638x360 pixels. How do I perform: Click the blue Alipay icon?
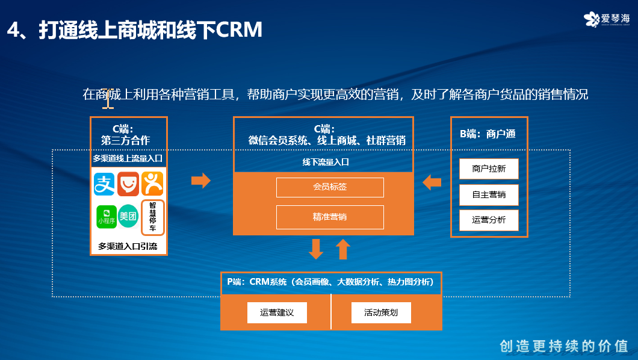(x=104, y=184)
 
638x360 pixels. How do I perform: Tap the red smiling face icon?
(x=128, y=184)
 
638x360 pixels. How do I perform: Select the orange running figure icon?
(x=152, y=184)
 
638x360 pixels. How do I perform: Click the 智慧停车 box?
(x=152, y=217)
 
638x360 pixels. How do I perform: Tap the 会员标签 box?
(x=330, y=187)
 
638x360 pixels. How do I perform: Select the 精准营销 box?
(x=330, y=217)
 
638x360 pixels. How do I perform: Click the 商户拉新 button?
(x=489, y=169)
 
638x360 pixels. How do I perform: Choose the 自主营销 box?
(x=489, y=194)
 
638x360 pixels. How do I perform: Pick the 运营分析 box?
(x=489, y=220)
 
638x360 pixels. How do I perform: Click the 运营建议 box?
(x=277, y=312)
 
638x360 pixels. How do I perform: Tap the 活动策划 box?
(x=381, y=312)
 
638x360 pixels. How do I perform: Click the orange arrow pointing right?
(x=200, y=181)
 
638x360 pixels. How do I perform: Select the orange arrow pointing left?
(x=432, y=182)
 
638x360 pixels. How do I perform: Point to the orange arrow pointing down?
(x=316, y=249)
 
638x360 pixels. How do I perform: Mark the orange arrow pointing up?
(x=343, y=249)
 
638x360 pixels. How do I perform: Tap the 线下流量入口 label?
(x=326, y=162)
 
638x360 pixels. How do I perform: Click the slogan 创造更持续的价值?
(x=564, y=346)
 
